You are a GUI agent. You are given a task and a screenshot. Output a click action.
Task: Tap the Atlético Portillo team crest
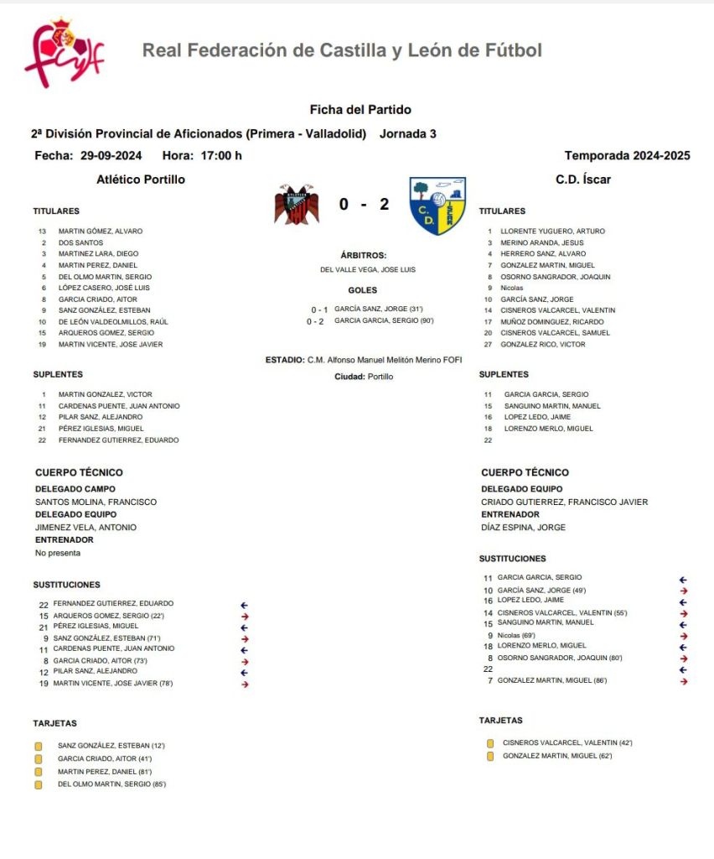296,204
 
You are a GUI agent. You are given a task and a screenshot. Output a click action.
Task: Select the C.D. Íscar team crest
437,206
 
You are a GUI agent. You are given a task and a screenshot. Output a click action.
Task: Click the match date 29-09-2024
111,155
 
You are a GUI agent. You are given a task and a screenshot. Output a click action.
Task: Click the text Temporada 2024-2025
627,155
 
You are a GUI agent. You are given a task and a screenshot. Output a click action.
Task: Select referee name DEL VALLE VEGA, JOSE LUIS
368,269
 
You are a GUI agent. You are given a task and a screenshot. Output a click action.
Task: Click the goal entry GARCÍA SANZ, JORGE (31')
378,309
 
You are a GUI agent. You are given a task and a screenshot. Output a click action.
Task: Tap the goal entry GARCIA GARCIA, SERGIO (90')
384,320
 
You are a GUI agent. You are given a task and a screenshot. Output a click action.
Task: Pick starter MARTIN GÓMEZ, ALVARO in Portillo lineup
100,231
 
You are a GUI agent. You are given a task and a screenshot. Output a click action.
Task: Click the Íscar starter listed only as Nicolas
511,288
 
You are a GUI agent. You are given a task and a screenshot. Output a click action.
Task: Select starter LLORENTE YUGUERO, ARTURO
552,231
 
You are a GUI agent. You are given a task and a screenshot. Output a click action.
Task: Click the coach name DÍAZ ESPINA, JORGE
523,528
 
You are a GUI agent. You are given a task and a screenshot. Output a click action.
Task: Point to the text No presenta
58,553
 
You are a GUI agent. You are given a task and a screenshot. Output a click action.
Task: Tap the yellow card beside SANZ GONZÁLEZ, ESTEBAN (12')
38,746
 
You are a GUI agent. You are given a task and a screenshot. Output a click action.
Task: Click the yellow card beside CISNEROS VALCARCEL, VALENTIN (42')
490,743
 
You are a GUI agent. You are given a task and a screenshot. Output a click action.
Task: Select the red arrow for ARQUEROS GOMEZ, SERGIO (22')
245,616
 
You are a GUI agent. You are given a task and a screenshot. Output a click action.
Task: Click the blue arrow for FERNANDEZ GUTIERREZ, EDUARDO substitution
245,604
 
